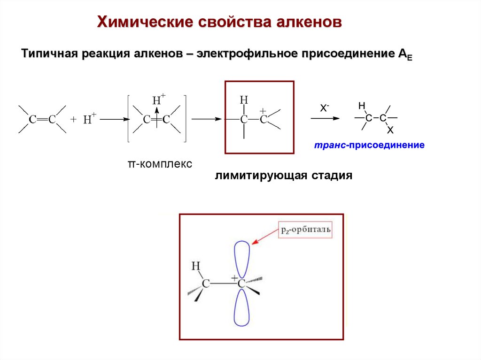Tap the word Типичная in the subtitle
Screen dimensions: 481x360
[x=49, y=54]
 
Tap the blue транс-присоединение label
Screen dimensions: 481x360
[x=369, y=145]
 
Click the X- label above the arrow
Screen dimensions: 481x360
[x=324, y=108]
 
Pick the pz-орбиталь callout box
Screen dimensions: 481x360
[x=305, y=230]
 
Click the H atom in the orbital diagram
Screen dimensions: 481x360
[x=196, y=267]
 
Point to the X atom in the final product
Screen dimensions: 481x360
[x=390, y=130]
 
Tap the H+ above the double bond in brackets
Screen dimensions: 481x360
[x=158, y=100]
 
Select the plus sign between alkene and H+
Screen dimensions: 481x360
[x=73, y=120]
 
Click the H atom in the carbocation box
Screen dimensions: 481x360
[x=243, y=100]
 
